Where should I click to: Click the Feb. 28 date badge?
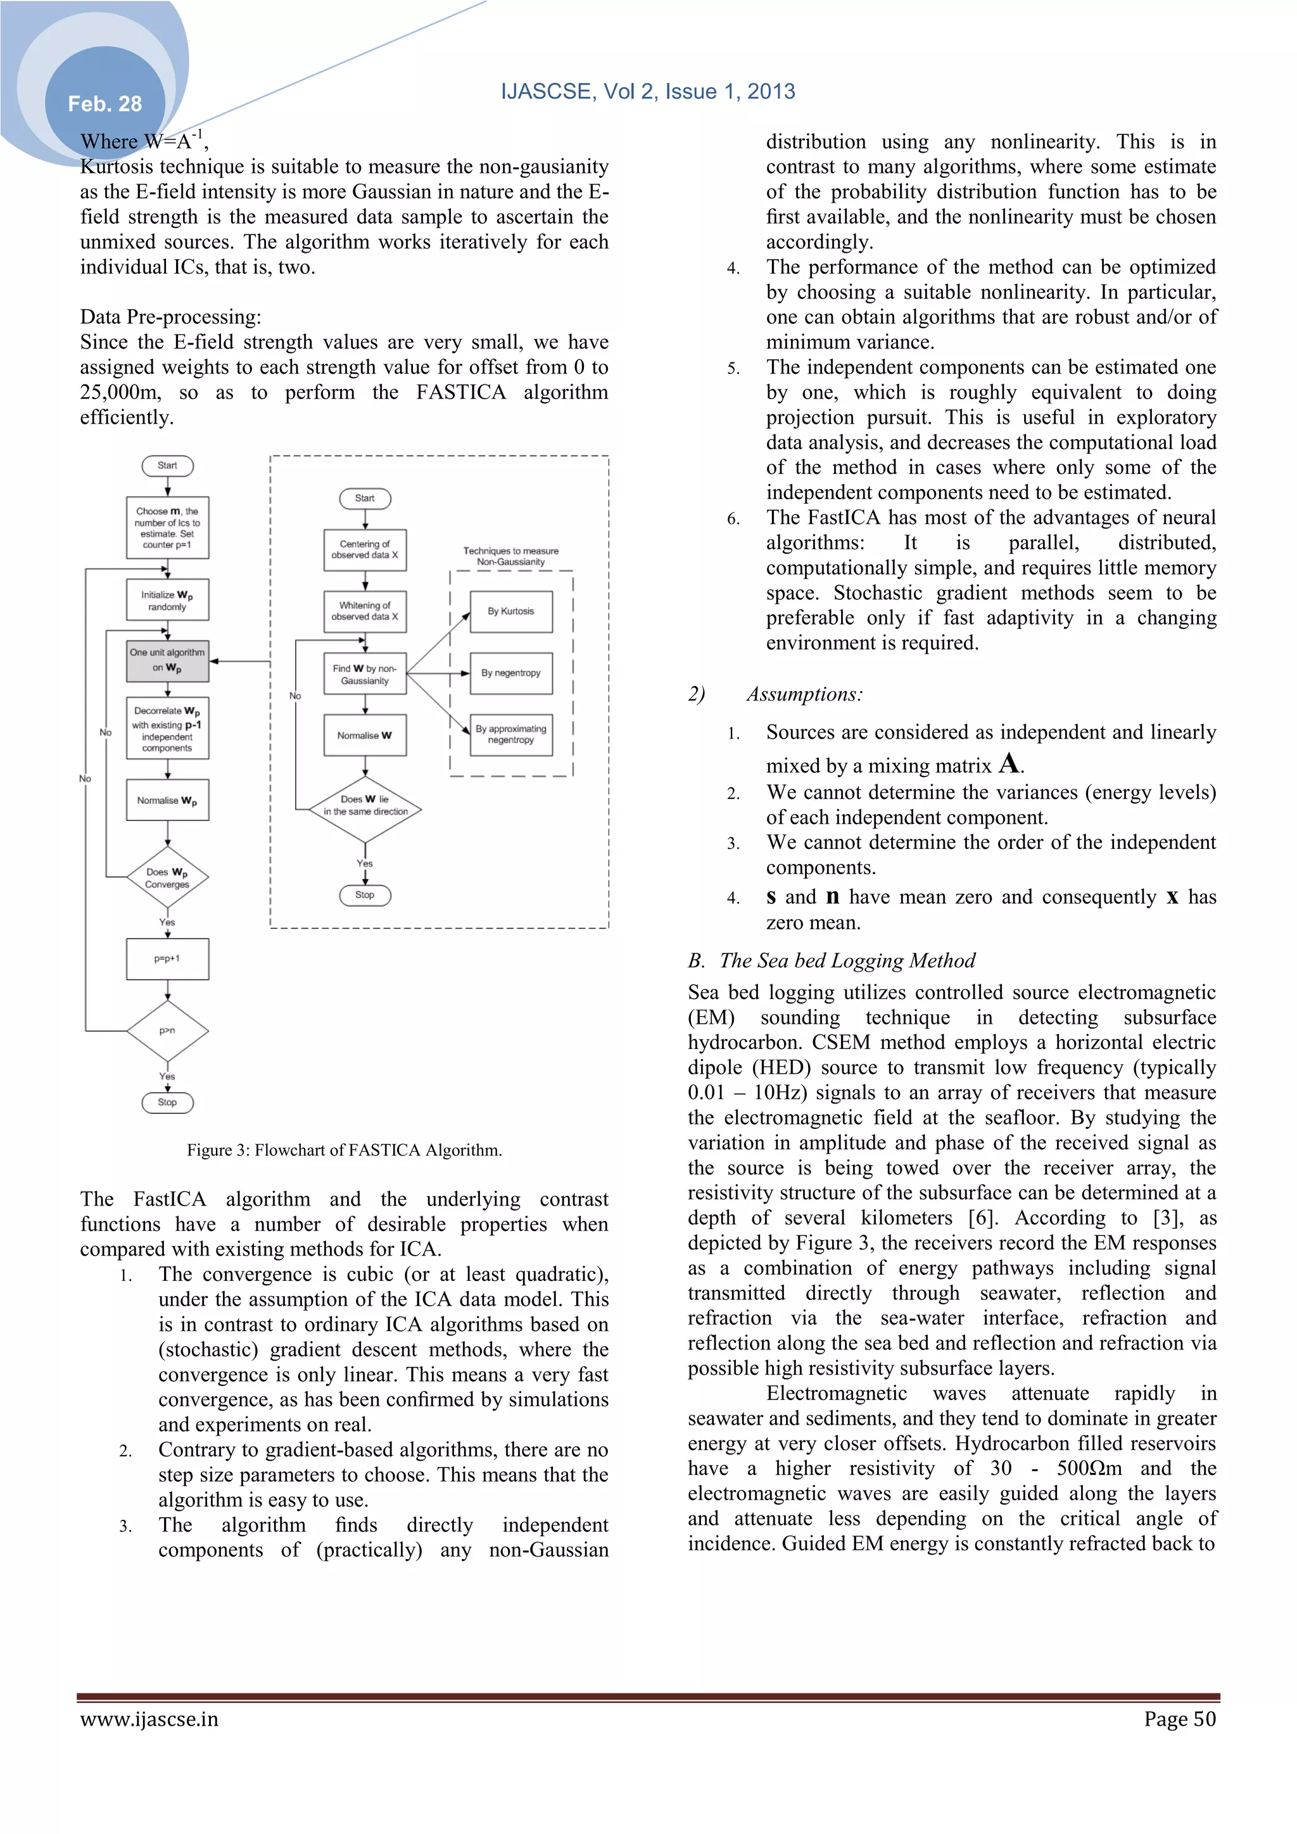click(x=104, y=104)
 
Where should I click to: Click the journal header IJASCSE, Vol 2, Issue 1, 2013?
click(x=648, y=91)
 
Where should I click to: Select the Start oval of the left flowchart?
click(x=167, y=466)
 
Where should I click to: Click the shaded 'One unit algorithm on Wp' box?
click(x=167, y=661)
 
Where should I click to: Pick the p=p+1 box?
click(x=167, y=958)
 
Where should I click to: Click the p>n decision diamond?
click(x=167, y=1031)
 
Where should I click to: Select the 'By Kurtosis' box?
click(x=511, y=612)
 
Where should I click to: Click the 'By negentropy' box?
click(x=511, y=673)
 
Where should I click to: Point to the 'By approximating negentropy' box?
click(x=511, y=735)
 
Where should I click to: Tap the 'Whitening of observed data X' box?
click(x=365, y=612)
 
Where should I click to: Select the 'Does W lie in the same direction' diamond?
click(x=365, y=806)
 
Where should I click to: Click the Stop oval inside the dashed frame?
click(x=365, y=895)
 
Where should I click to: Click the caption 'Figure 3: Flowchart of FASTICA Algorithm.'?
click(x=345, y=1150)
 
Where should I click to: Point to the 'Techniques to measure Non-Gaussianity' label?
click(x=511, y=557)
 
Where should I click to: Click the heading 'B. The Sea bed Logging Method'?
click(x=832, y=961)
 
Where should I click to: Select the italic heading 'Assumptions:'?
click(x=804, y=694)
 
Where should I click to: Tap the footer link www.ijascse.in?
click(x=149, y=1719)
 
